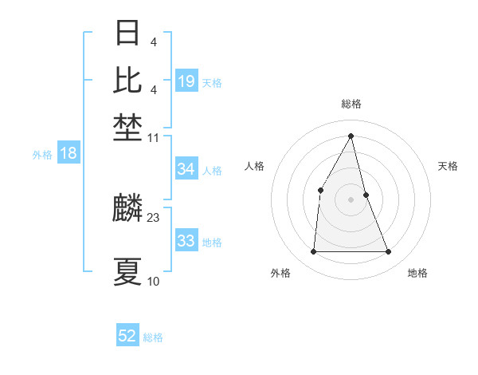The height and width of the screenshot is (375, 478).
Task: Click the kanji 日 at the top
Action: coord(127,34)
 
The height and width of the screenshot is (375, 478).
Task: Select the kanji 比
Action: coord(127,80)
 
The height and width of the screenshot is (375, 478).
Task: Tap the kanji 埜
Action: coord(127,126)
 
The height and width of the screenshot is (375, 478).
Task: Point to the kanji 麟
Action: coord(127,209)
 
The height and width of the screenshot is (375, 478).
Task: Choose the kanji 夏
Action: coord(127,271)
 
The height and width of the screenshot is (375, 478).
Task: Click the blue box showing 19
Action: coord(186,81)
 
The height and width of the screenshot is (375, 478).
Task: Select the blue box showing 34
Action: coord(186,169)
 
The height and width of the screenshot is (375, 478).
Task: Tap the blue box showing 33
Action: coord(186,241)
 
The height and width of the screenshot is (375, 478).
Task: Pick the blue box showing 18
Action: coord(69,153)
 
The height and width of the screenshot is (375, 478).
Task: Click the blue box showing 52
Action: coord(127,336)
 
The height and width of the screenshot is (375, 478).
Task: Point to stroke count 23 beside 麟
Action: coord(154,217)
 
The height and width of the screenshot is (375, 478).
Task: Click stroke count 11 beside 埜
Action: coord(154,138)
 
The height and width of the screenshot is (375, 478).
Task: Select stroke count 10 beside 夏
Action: coord(154,281)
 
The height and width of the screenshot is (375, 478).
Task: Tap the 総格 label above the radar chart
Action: coord(351,104)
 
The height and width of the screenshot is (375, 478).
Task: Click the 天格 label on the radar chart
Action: coord(448,166)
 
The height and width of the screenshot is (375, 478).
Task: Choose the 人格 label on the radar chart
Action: coord(254,166)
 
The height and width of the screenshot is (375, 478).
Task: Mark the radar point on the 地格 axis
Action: coord(389,252)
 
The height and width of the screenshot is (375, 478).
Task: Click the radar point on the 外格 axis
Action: coord(313,252)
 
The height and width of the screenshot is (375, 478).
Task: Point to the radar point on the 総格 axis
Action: coord(351,136)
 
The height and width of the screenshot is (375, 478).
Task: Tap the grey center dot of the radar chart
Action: coord(351,199)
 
